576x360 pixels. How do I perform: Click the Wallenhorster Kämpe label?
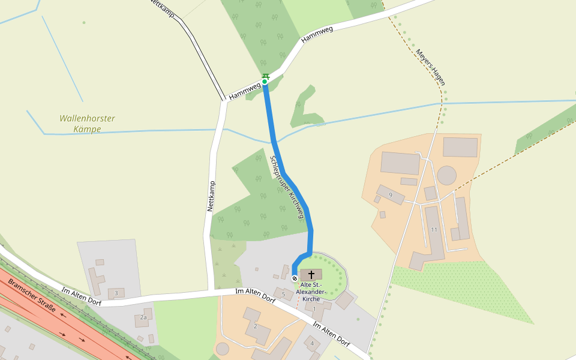pos(87,124)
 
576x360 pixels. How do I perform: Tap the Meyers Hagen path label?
pos(430,67)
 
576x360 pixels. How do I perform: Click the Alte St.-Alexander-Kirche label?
pos(311,291)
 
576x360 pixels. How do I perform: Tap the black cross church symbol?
pos(311,275)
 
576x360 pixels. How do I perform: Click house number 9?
pos(391,195)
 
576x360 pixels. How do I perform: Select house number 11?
pos(434,230)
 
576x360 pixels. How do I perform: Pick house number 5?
pos(284,294)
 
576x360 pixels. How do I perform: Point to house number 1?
pos(314,309)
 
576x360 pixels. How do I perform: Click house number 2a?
pos(143,317)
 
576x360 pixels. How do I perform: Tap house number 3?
pos(116,293)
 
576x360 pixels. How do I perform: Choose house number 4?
pos(312,343)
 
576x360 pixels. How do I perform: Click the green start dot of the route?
pos(265,82)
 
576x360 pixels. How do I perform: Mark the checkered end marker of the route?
pos(295,278)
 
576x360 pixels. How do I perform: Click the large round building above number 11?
pos(447,176)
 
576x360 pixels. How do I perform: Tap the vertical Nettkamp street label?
pos(211,196)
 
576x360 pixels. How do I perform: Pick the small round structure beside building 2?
pos(223,349)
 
